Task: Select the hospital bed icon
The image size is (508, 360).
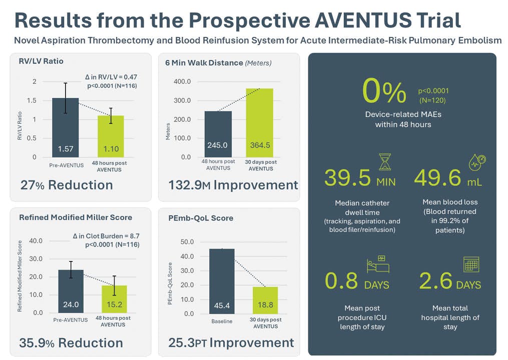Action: pos(378,263)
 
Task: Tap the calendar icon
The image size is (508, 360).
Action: pos(470,263)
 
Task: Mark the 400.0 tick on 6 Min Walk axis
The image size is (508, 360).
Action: pos(182,81)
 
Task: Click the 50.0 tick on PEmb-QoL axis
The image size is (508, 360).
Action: pos(187,242)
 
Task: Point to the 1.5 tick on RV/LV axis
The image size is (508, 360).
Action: pos(32,100)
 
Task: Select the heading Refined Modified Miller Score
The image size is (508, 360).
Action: pos(76,217)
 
